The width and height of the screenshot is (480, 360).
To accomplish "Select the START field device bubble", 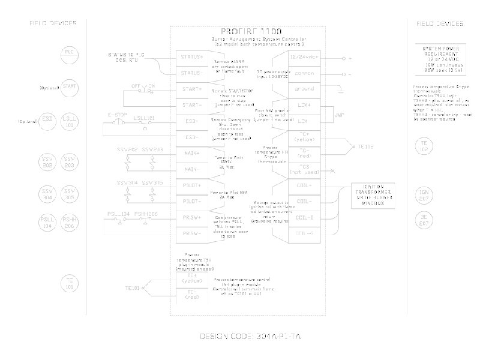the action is (68, 88).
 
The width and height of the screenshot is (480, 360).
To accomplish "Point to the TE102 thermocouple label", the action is (365, 146).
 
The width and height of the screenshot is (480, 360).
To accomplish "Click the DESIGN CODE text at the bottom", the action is (250, 337).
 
